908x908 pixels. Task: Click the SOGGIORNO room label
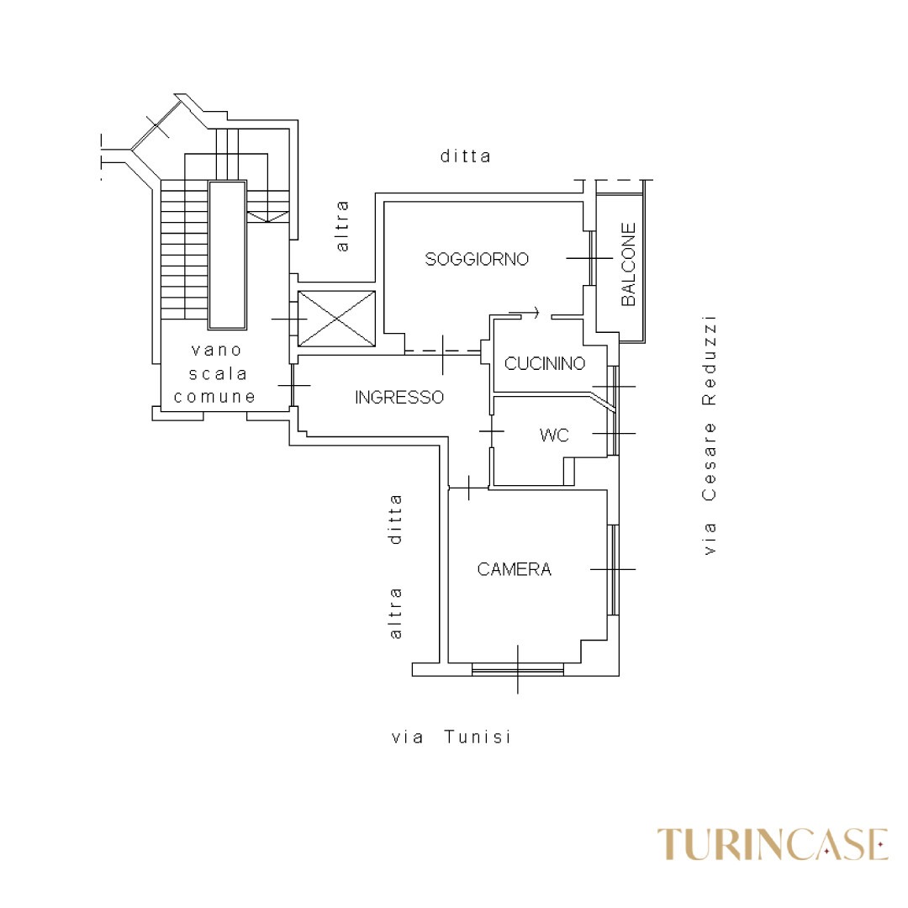[477, 259]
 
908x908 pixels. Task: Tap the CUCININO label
[545, 364]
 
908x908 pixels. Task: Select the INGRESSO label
[399, 397]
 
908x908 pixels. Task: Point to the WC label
[554, 435]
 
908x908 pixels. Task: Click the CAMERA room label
[515, 569]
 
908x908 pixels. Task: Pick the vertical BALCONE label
[628, 264]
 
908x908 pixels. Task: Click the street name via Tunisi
[451, 736]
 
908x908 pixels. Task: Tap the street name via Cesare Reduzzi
[709, 435]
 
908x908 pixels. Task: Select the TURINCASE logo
[773, 844]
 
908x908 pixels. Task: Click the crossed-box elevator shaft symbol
[336, 319]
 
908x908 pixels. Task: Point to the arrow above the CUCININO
[524, 313]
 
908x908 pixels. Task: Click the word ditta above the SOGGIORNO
[466, 156]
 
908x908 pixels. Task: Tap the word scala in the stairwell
[218, 373]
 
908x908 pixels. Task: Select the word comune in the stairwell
[215, 397]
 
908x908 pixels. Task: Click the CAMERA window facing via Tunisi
[518, 669]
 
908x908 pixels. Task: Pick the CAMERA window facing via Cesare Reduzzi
[613, 570]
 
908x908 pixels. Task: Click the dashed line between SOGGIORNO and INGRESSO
[443, 351]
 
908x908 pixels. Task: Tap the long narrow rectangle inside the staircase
[228, 256]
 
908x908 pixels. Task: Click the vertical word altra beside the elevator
[342, 226]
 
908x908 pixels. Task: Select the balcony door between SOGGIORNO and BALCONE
[592, 258]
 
